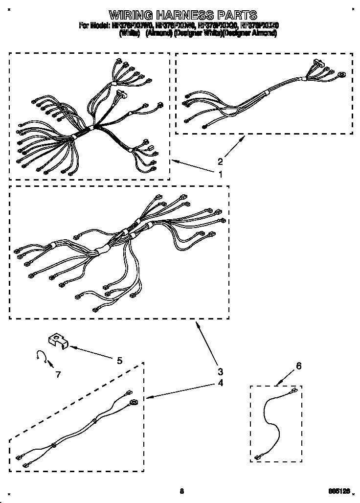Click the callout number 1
(221, 174)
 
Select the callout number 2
(221, 161)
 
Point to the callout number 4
(221, 383)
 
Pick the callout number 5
(119, 361)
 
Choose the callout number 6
(299, 366)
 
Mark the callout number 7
(58, 375)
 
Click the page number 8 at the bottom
(181, 491)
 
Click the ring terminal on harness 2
(340, 75)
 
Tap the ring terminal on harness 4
(133, 403)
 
